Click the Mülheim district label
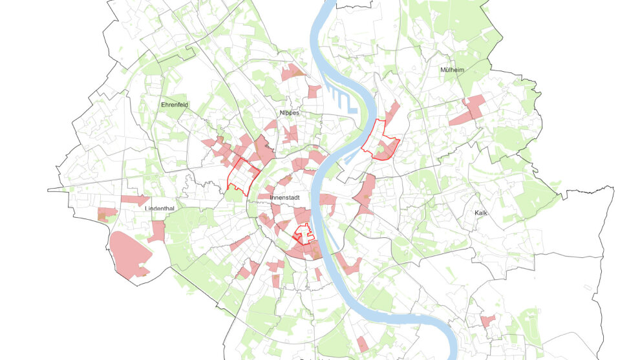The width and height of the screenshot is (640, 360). [453, 70]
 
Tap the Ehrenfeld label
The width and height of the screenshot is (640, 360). [174, 104]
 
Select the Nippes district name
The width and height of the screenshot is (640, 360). [289, 112]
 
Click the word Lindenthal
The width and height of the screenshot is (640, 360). [160, 209]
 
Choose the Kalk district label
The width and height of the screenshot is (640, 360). [480, 212]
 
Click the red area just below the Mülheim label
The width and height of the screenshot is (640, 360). [468, 110]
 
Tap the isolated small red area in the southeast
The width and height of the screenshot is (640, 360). [487, 321]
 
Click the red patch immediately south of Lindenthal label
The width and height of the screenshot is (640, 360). [157, 231]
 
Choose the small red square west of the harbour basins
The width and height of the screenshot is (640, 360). [314, 91]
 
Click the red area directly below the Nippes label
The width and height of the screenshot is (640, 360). [290, 132]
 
